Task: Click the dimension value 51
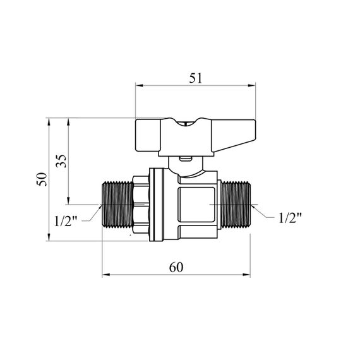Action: tap(196, 78)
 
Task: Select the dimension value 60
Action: tap(176, 267)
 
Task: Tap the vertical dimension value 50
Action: tap(42, 179)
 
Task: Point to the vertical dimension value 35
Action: tap(61, 161)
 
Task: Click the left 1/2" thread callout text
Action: tap(66, 221)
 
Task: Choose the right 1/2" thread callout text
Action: tap(290, 218)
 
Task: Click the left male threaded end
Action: tap(117, 205)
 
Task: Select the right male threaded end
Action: tap(236, 205)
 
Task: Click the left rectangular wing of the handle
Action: tap(148, 135)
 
